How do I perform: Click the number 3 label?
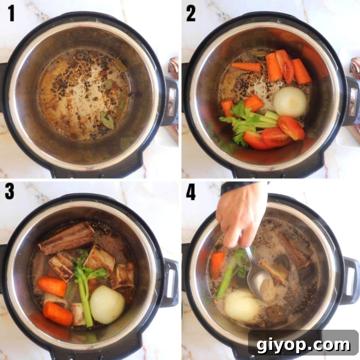click(10, 192)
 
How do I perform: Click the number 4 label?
click(191, 192)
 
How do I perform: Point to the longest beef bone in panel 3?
click(67, 237)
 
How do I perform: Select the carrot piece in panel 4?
click(218, 264)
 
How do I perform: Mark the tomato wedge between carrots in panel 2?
click(285, 66)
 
